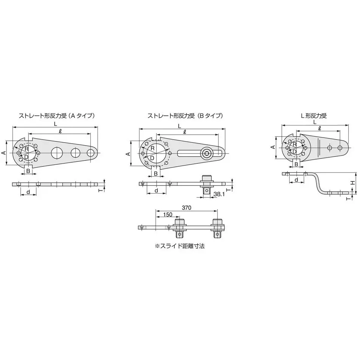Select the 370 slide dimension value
(186, 208)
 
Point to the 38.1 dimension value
(220, 194)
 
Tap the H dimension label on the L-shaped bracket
(352, 183)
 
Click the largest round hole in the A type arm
(57, 152)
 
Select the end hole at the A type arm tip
(91, 153)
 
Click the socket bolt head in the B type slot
(207, 153)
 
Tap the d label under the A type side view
(29, 192)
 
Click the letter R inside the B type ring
(152, 149)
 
